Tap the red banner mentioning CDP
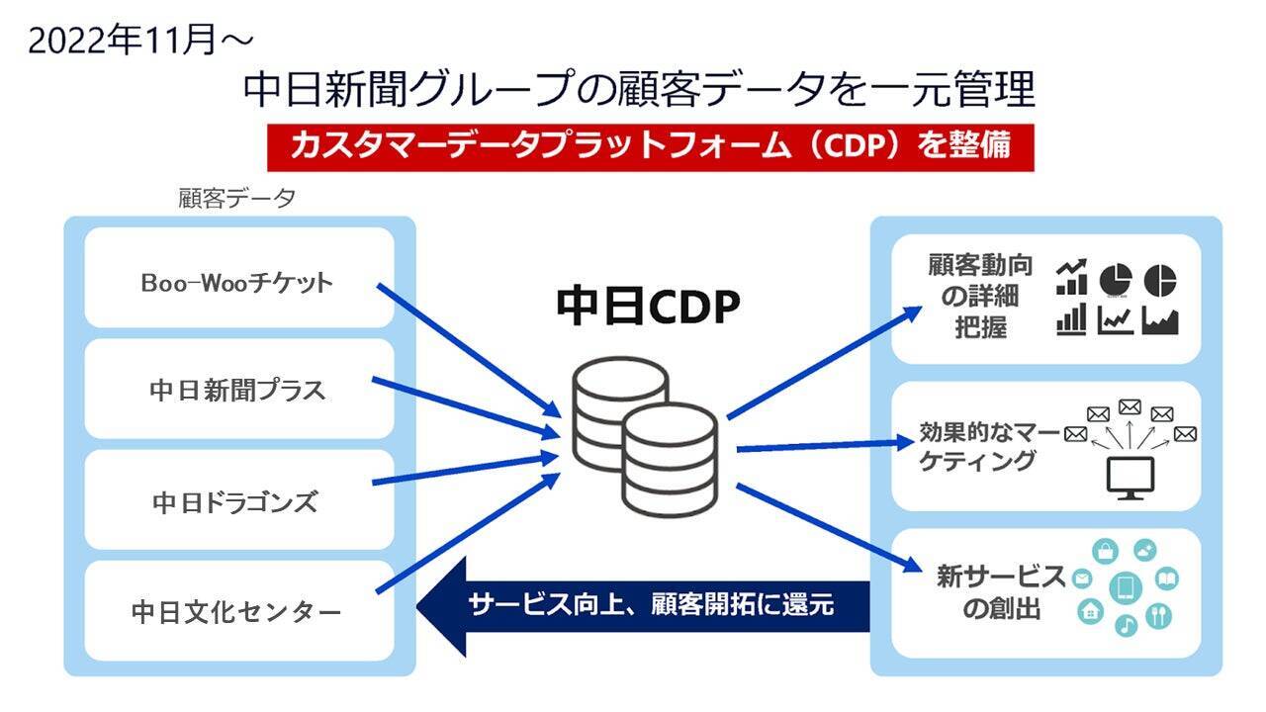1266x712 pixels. coord(650,146)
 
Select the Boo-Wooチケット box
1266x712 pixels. coord(238,282)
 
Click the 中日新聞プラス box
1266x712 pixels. coord(238,390)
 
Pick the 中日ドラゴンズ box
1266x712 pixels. coord(238,501)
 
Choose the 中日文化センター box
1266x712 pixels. coord(238,612)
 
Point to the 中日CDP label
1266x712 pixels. coord(648,308)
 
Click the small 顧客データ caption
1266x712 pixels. coord(236,199)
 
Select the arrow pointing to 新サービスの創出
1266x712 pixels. coord(831,529)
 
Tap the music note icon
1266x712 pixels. coord(1126,626)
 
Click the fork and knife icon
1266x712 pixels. coord(1158,615)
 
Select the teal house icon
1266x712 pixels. coord(1091,611)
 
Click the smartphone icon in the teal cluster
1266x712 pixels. coord(1125,588)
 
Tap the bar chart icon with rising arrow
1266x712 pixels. coord(1071,278)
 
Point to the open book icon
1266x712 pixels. coord(1166,578)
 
